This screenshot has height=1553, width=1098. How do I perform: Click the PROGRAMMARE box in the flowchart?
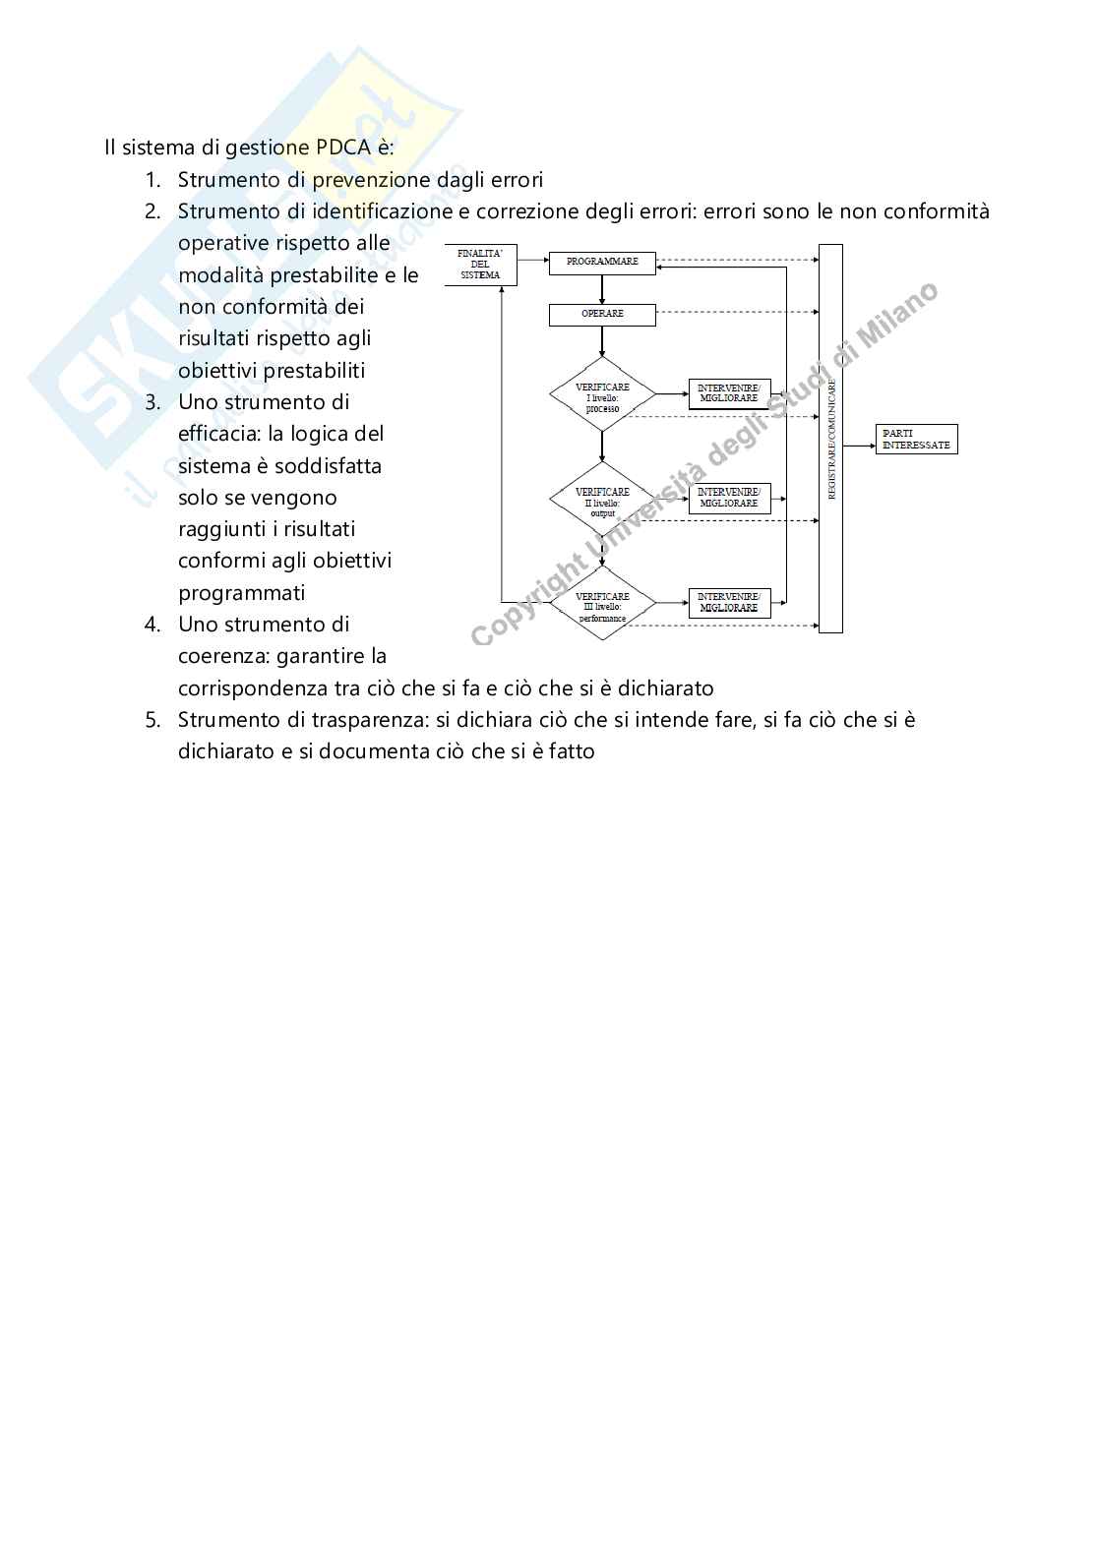point(602,263)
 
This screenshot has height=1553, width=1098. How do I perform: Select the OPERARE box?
point(602,315)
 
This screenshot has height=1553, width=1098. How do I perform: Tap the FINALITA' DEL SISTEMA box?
point(480,266)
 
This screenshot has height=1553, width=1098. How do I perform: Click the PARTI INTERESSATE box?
point(916,440)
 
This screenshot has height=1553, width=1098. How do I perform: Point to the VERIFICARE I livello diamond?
point(602,394)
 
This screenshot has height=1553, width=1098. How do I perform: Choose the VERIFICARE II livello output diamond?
point(602,500)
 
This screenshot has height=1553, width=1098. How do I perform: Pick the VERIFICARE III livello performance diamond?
point(602,604)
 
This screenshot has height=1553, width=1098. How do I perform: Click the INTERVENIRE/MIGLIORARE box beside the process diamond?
point(729,393)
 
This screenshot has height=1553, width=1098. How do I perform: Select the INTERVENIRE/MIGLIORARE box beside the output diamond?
point(729,498)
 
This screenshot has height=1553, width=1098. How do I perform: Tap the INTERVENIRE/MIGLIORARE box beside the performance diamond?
point(729,603)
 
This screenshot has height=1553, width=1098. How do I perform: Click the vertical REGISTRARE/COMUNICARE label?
point(831,440)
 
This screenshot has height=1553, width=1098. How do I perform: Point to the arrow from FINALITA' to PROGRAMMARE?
point(531,260)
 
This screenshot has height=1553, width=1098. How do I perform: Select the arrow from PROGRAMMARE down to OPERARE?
point(602,290)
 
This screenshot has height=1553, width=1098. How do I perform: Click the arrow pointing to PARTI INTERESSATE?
point(859,445)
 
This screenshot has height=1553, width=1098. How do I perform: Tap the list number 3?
point(152,402)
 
